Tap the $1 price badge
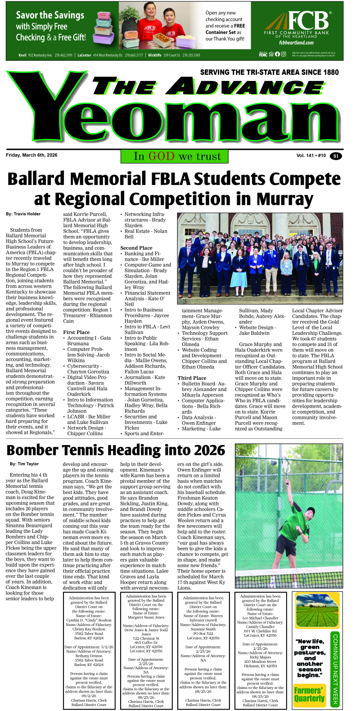click(x=335, y=156)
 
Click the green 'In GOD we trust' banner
click(x=175, y=156)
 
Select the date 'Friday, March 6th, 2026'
click(x=31, y=155)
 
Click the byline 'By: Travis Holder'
click(x=23, y=214)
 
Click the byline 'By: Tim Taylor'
click(x=24, y=464)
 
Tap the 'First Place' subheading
click(x=76, y=333)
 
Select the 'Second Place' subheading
click(x=136, y=248)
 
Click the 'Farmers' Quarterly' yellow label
click(x=310, y=694)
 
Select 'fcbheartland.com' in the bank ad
click(x=296, y=43)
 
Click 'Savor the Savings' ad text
click(x=50, y=15)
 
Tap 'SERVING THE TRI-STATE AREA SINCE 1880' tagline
click(x=269, y=72)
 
